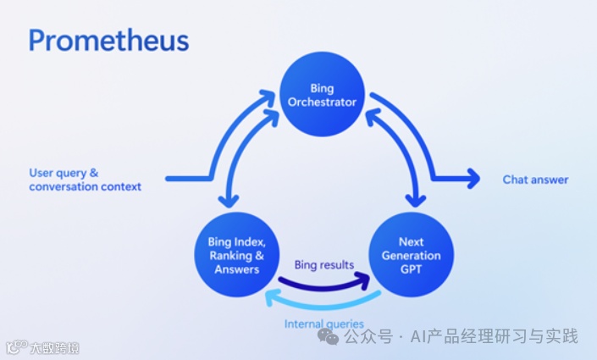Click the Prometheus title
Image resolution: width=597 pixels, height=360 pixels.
[108, 40]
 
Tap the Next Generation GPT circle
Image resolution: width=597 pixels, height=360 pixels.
[411, 255]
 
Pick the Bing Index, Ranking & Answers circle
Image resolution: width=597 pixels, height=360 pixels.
[236, 255]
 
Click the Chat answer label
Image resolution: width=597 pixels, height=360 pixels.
[535, 180]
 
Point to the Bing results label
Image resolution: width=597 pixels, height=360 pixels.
[323, 265]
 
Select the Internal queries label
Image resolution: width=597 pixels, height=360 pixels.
[323, 324]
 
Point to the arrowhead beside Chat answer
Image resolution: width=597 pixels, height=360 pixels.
[471, 179]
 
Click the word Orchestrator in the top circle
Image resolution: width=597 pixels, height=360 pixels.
[322, 103]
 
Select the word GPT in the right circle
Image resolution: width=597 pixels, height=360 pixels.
[411, 269]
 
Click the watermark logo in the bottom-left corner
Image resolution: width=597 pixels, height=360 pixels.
[15, 347]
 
